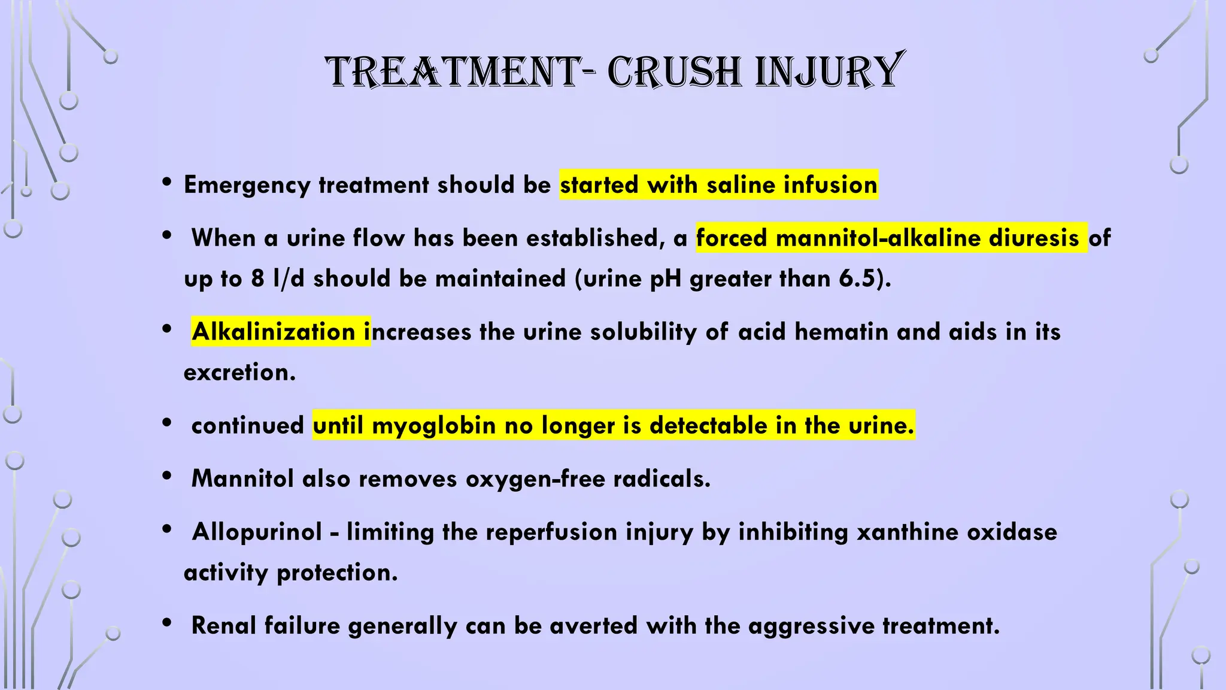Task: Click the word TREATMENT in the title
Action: click(x=453, y=72)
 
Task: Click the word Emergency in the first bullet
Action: click(x=247, y=185)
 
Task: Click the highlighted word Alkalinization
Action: click(x=274, y=332)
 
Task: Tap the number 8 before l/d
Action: click(x=257, y=279)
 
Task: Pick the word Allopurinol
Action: click(x=257, y=532)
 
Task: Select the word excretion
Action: click(x=239, y=373)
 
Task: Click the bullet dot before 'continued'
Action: click(x=168, y=423)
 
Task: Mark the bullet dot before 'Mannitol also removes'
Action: click(x=168, y=476)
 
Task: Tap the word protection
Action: click(x=337, y=573)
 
